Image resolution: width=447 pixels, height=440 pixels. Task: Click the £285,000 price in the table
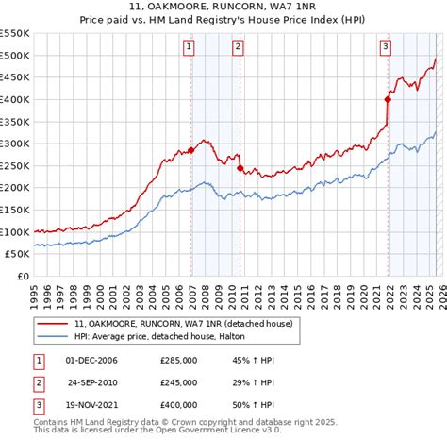click(x=177, y=361)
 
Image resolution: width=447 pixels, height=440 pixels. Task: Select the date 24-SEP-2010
click(x=91, y=383)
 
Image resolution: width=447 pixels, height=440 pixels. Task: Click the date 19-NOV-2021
click(x=91, y=406)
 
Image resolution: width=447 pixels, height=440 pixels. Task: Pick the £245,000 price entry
click(x=177, y=383)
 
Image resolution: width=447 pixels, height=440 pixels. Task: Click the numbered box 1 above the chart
click(x=190, y=44)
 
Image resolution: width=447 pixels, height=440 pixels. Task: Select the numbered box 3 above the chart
click(x=387, y=44)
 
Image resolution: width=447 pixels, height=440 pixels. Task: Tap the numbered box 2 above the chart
click(x=239, y=44)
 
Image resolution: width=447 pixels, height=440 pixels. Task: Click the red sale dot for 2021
click(x=388, y=99)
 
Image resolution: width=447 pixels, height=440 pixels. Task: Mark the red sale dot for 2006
click(x=190, y=150)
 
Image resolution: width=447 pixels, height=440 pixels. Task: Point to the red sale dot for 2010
click(x=240, y=168)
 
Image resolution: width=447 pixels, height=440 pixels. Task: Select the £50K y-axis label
click(x=16, y=254)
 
